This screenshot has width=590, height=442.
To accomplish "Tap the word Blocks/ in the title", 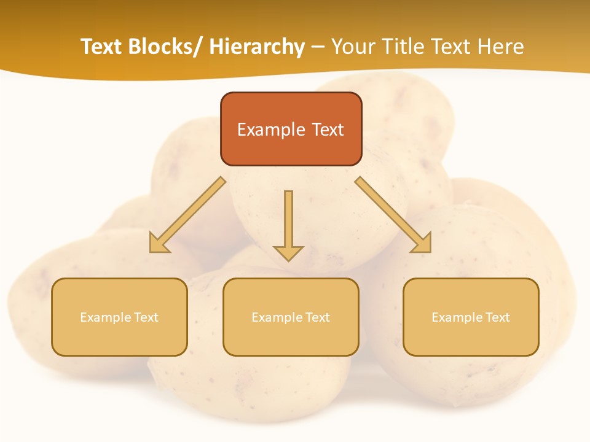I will click(x=161, y=47).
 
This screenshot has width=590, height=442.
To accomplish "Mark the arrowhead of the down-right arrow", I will click(x=423, y=244).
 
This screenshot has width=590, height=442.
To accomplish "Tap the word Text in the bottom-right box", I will click(x=497, y=317).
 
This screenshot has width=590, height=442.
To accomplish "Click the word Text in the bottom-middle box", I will click(x=317, y=317).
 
